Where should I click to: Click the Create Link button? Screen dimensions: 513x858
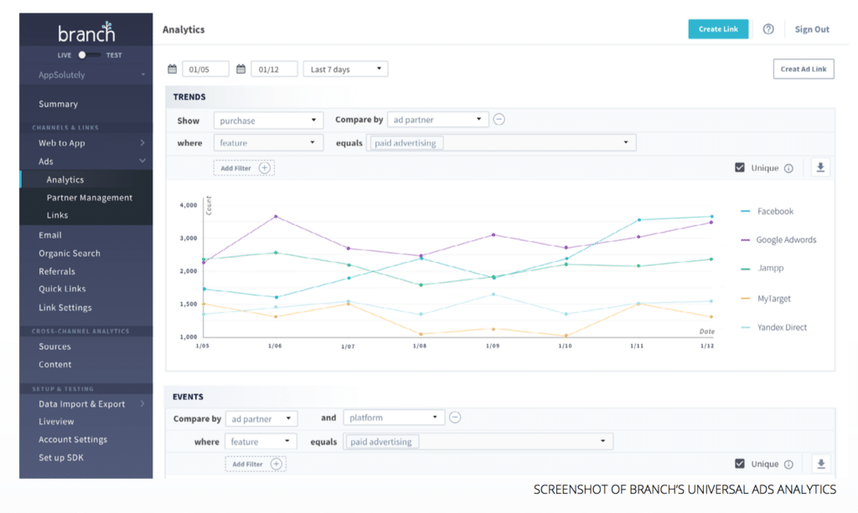tap(718, 29)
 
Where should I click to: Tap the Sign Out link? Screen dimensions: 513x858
tap(811, 29)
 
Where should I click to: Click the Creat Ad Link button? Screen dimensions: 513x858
tap(803, 69)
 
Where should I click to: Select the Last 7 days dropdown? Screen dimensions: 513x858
tap(345, 69)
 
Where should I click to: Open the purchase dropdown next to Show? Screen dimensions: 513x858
tap(268, 120)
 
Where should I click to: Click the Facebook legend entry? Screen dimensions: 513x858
tap(774, 212)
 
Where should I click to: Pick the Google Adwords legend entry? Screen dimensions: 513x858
tap(785, 240)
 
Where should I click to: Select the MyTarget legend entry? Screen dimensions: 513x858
tap(773, 299)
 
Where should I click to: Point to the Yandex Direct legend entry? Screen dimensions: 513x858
tap(780, 327)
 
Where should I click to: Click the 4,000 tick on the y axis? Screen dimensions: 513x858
tap(188, 205)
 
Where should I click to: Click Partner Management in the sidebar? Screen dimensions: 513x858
tap(90, 198)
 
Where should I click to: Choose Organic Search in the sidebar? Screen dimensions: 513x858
tap(70, 254)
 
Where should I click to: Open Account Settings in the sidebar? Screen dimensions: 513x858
tap(73, 439)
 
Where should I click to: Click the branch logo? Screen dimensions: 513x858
tap(86, 33)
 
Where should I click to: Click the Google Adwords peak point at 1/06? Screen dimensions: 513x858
tap(276, 217)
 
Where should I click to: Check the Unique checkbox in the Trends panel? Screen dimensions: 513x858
tap(739, 168)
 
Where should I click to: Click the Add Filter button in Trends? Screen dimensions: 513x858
tap(244, 168)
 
